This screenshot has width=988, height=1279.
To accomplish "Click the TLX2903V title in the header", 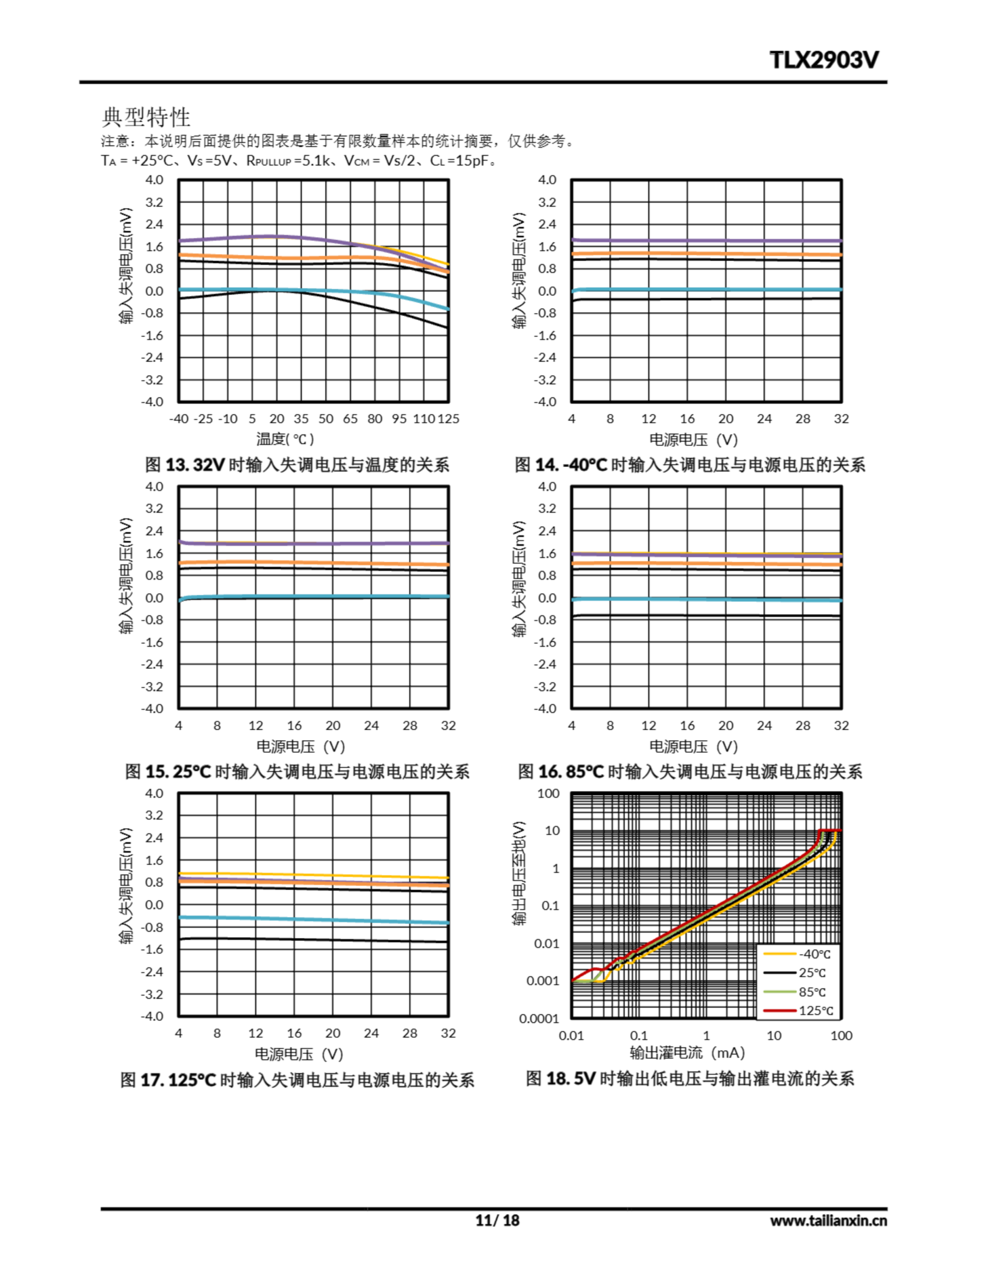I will [824, 60].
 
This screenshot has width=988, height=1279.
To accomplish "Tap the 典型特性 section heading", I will [146, 117].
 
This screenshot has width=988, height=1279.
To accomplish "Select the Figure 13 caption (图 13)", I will [297, 465].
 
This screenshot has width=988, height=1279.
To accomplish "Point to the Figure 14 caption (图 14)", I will [689, 465].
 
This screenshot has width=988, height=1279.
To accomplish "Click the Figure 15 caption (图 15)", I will [297, 771].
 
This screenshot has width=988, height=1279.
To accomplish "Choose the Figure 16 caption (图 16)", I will [689, 771].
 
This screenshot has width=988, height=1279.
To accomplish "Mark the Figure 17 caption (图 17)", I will [297, 1079].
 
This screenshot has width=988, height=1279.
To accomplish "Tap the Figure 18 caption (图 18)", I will [689, 1078].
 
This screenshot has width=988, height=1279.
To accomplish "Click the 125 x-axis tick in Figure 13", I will [449, 419].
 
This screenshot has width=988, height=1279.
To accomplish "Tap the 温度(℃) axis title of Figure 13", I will [285, 439].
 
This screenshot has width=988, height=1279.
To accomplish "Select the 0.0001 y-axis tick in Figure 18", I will [539, 1018].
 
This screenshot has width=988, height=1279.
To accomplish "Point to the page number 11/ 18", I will [497, 1221].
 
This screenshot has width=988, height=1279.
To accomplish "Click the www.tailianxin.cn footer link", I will [828, 1221].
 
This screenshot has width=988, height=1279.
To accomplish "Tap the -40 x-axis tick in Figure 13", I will [179, 419].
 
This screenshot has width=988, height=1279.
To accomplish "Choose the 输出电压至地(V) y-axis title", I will [519, 873].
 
